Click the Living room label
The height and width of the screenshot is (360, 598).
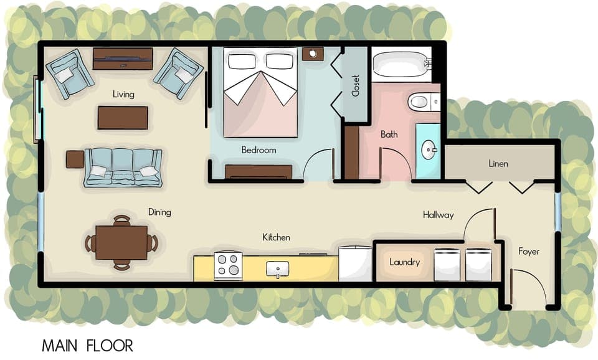123,94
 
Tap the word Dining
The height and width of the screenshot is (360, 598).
159,212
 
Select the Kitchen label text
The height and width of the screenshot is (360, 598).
276,237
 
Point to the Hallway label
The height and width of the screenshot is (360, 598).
438,215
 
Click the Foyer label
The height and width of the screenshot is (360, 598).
529,252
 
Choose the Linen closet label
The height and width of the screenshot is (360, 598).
498,164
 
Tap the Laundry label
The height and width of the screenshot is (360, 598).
404,262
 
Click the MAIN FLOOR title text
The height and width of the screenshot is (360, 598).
87,345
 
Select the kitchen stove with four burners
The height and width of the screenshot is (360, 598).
228,266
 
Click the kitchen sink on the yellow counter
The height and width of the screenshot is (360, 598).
277,269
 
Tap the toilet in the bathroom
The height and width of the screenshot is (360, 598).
420,101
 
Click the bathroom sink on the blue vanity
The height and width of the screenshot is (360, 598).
428,150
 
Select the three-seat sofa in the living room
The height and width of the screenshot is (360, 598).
123,167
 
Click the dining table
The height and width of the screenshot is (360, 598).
122,242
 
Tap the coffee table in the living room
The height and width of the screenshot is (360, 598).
123,118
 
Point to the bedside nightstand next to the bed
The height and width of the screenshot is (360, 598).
312,54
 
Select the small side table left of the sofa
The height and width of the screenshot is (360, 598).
75,159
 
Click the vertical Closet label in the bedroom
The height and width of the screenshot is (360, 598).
356,85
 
